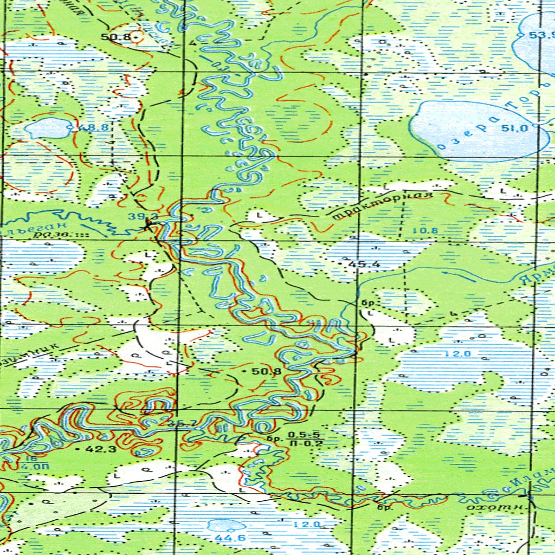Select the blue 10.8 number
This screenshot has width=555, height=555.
426,231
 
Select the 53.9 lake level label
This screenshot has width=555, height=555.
541,35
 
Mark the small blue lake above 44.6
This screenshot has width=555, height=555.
226,525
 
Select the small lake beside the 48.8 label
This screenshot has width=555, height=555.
48,128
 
